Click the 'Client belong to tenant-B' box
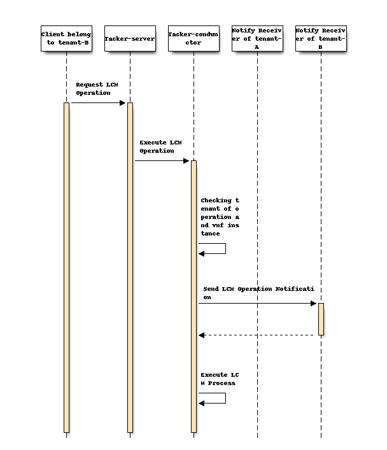(x=66, y=38)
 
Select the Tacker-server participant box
(x=130, y=38)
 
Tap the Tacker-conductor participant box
(x=193, y=38)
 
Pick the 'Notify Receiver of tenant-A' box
(x=257, y=38)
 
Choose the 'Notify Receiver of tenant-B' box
(x=321, y=38)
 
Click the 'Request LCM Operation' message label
(x=93, y=88)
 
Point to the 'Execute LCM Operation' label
(x=157, y=146)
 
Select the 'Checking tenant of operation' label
(x=220, y=216)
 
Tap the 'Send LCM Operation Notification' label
(x=255, y=293)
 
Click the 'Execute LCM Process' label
(x=218, y=379)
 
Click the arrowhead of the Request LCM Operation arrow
(x=123, y=102)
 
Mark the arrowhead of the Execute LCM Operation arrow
(x=186, y=160)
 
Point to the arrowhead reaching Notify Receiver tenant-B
(x=314, y=303)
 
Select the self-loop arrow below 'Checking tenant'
(x=216, y=249)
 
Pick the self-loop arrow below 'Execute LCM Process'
(x=216, y=398)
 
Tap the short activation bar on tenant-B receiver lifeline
(x=321, y=319)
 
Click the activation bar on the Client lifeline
(x=66, y=267)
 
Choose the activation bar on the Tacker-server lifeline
(x=130, y=267)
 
